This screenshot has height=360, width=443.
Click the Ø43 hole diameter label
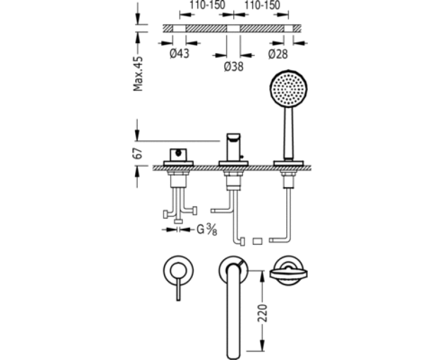[x=179, y=53]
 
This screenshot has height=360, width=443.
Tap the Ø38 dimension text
[x=233, y=66]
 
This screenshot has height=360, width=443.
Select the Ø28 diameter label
[x=278, y=54]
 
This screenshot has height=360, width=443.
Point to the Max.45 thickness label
[x=138, y=74]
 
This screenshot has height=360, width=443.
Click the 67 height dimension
[x=138, y=153]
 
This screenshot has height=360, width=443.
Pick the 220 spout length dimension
[x=262, y=313]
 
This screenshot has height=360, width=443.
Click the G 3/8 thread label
[x=207, y=229]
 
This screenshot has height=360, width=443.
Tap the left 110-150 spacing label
[x=207, y=5]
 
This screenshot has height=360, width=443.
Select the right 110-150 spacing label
[x=262, y=5]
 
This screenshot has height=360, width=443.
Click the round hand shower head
[x=289, y=89]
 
